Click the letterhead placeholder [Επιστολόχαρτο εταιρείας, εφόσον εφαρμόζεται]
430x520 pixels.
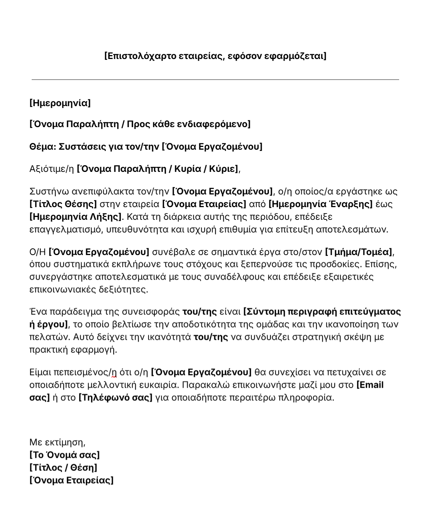coord(215,56)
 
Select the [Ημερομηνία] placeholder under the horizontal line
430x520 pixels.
coord(60,103)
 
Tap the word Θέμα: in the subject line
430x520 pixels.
coord(43,147)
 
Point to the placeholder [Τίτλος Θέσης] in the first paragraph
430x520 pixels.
coord(63,204)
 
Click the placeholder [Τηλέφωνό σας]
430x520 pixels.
coord(116,398)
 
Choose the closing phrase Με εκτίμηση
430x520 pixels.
coord(57,442)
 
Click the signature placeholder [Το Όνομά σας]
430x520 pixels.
coord(65,455)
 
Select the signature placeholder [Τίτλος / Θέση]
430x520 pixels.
coord(63,467)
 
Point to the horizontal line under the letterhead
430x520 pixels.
coord(215,80)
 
